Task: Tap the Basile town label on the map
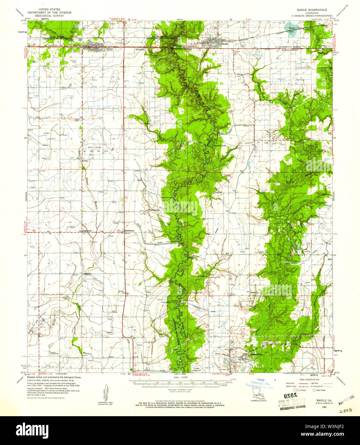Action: [224, 44]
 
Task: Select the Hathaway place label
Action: [130, 231]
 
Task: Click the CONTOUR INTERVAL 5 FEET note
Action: [180, 392]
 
